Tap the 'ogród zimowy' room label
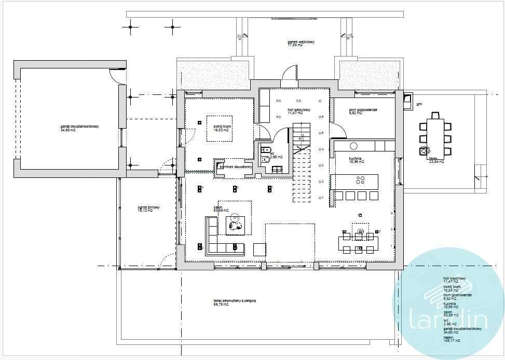tap(145, 207)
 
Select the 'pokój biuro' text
tap(221, 126)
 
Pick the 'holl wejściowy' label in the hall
tap(298, 110)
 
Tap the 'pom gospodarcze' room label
tap(363, 110)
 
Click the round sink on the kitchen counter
tap(354, 146)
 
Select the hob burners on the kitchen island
tap(360, 179)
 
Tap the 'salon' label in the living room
tap(218, 206)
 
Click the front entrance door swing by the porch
tap(290, 73)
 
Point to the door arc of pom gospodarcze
tap(339, 130)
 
